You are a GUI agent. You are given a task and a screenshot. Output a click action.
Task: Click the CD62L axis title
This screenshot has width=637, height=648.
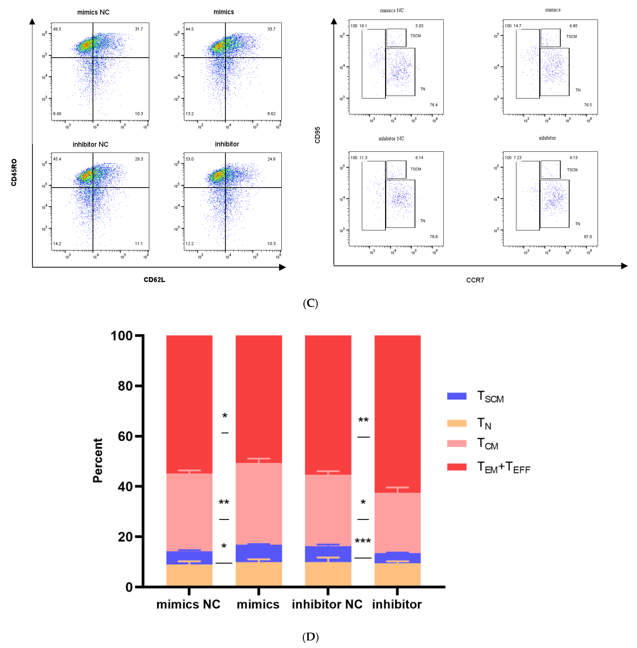click(154, 279)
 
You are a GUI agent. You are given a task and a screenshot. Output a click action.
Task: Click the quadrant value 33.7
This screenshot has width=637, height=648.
click(271, 29)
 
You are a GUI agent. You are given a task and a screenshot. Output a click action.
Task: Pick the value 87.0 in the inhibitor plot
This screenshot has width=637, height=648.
click(588, 237)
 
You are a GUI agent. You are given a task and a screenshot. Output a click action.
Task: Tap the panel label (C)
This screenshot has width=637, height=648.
click(310, 303)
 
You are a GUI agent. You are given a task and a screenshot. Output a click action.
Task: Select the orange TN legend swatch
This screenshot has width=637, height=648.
click(457, 423)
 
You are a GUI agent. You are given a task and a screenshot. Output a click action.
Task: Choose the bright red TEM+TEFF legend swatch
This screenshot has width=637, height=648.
click(457, 467)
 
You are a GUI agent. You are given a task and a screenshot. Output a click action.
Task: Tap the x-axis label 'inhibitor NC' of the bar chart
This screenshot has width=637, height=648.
click(327, 604)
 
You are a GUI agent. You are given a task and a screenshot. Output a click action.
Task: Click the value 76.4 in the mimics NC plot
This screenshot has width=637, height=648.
click(434, 105)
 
